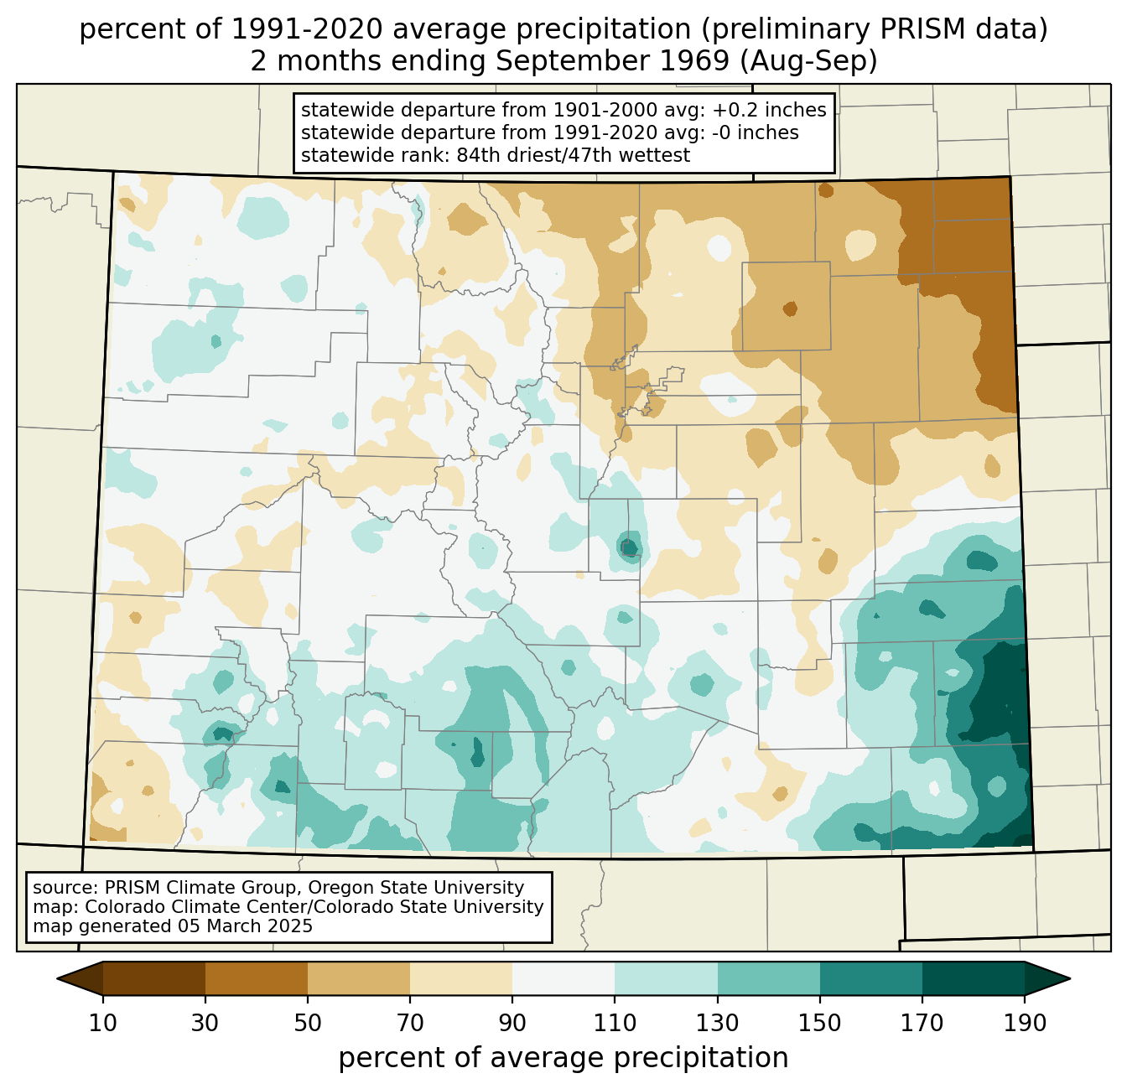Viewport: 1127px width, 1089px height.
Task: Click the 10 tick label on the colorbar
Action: point(103,1024)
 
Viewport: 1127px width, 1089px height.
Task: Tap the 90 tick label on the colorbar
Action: point(512,1024)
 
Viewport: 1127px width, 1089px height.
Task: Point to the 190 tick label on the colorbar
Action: point(1024,1024)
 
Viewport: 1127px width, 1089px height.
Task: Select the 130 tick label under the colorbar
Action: point(718,1024)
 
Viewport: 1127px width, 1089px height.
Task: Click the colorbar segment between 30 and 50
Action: point(257,978)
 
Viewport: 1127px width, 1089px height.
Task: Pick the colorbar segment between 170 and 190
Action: point(973,978)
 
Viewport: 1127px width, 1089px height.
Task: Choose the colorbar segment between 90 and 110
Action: point(563,978)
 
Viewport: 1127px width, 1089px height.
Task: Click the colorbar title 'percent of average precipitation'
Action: point(563,1058)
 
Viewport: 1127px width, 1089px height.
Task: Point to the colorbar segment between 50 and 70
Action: point(359,978)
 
